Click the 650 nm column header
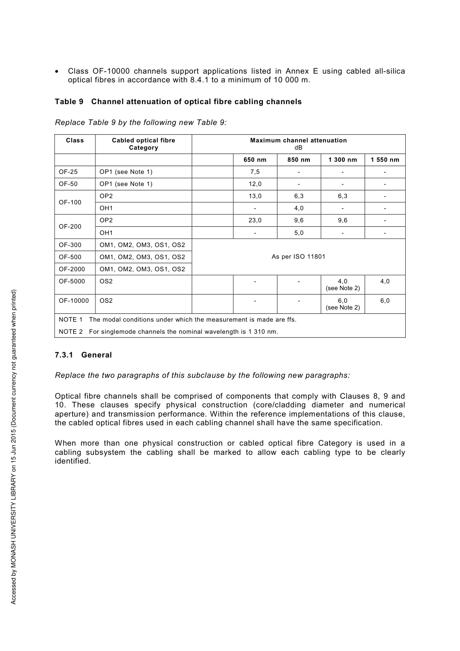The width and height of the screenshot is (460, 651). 255,160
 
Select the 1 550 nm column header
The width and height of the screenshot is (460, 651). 384,160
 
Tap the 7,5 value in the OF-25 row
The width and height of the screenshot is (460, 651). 255,172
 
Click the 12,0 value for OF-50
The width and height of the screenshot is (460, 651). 255,184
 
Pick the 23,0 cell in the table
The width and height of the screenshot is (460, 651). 255,220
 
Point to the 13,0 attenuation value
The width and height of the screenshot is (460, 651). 255,196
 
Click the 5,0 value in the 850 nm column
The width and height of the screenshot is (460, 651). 299,233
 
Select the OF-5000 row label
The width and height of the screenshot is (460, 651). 72,281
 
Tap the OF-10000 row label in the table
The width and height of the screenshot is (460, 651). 74,301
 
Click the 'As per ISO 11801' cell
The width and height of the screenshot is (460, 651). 298,257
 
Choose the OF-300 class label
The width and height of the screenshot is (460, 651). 70,245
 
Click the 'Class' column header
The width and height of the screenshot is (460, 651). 75,140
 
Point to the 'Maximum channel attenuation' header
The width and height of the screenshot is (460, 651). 298,140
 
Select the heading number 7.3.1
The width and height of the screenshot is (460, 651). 64,355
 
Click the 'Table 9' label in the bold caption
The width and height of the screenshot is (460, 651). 69,102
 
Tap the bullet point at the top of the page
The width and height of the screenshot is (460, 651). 57,72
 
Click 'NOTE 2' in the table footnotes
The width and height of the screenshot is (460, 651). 71,332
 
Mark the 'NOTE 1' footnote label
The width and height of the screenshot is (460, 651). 71,320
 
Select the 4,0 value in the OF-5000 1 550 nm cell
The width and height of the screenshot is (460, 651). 384,281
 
